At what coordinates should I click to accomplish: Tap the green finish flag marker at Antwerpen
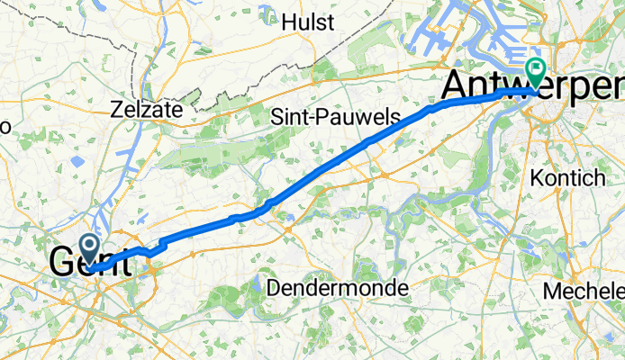(538, 69)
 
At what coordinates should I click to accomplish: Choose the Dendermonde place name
(338, 288)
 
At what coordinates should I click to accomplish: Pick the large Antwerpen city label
(531, 87)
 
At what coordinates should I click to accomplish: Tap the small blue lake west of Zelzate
(76, 163)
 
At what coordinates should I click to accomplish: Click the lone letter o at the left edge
(5, 127)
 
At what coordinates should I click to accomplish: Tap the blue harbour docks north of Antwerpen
(450, 36)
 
